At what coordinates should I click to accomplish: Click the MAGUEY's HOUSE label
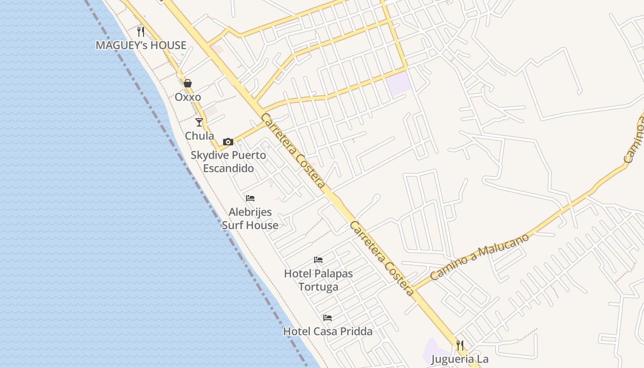pos(141,45)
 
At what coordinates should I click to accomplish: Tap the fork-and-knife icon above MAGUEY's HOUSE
pos(141,32)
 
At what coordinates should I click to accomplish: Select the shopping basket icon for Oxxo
pos(188,83)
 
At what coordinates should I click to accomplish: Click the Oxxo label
pos(188,97)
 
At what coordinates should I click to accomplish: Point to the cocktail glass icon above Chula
pos(199,122)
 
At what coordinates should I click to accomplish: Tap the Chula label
pos(199,136)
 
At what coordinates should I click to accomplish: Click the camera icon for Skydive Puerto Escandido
pos(228,142)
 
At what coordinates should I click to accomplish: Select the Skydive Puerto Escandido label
pos(228,161)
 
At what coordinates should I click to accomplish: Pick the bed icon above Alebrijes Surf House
pos(250,198)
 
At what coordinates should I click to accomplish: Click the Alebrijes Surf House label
pos(250,218)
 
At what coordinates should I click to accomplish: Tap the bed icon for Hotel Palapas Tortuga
pos(318,260)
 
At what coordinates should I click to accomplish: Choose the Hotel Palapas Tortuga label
pos(318,280)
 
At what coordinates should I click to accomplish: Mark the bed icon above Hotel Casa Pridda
pos(328,318)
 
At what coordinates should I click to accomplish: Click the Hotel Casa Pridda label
pos(328,331)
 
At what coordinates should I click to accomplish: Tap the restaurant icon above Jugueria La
pos(460,345)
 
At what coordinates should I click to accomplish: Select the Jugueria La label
pos(460,359)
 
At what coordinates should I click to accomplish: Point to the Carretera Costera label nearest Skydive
pos(293,151)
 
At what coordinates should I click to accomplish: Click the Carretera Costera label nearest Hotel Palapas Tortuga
pos(382,258)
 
